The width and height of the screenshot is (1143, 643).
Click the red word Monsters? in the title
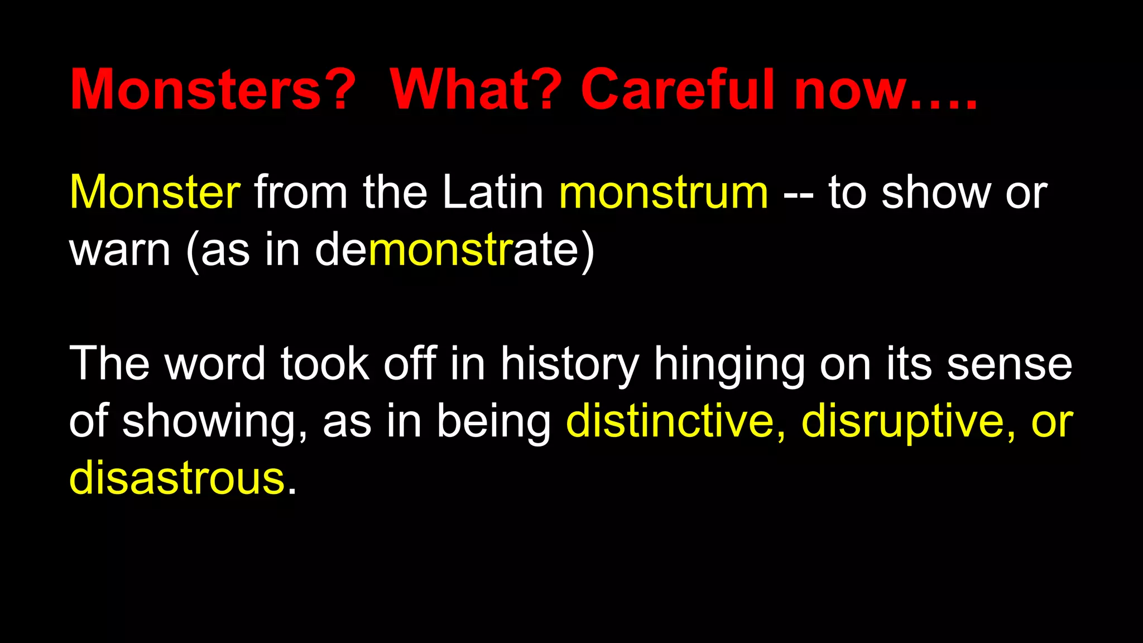click(x=213, y=89)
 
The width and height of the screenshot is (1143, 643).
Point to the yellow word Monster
click(x=155, y=193)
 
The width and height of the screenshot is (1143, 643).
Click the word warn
click(x=119, y=251)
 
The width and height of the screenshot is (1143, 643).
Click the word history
click(x=569, y=366)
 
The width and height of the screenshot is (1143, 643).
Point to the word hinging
click(x=729, y=366)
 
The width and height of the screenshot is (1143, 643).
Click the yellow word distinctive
click(x=670, y=421)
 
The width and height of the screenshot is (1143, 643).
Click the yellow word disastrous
click(x=177, y=479)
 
